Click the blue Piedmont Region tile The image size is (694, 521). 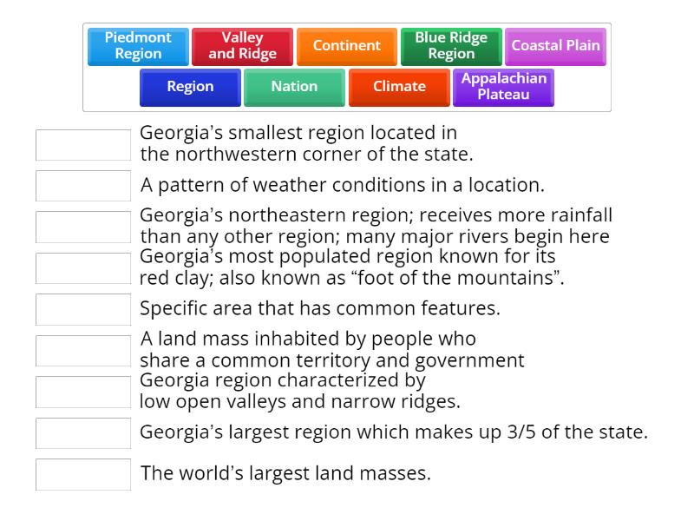pyautogui.click(x=138, y=46)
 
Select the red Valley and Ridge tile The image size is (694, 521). pyautogui.click(x=242, y=46)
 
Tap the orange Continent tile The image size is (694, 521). pyautogui.click(x=347, y=46)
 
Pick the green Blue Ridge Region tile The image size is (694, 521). pyautogui.click(x=451, y=46)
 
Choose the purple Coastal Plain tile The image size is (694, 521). pyautogui.click(x=555, y=46)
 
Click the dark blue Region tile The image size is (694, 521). pyautogui.click(x=190, y=87)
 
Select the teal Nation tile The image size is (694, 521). pyautogui.click(x=294, y=87)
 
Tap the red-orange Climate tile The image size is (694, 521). pyautogui.click(x=399, y=87)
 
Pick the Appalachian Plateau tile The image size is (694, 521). pyautogui.click(x=503, y=87)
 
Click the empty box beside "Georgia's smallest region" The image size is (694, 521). pyautogui.click(x=83, y=145)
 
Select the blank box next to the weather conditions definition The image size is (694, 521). pyautogui.click(x=83, y=186)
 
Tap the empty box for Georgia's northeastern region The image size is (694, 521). pyautogui.click(x=83, y=227)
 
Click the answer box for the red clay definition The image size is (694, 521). pyautogui.click(x=83, y=268)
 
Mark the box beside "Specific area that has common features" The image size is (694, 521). pyautogui.click(x=83, y=309)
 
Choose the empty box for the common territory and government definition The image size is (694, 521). pyautogui.click(x=83, y=350)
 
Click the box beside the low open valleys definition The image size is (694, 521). pyautogui.click(x=83, y=392)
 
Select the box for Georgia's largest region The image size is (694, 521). pyautogui.click(x=83, y=432)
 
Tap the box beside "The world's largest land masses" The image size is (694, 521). pyautogui.click(x=83, y=474)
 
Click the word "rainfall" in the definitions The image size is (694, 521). pyautogui.click(x=580, y=215)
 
